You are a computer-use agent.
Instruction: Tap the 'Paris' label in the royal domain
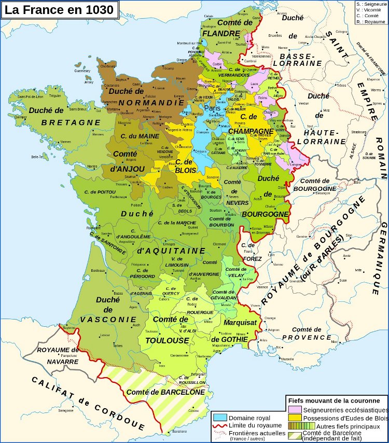[212, 108]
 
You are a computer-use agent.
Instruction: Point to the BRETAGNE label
[71, 122]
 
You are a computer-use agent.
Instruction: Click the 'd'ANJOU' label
[122, 168]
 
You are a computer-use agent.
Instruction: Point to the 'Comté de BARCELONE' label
[165, 392]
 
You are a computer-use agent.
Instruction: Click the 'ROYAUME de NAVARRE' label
[58, 355]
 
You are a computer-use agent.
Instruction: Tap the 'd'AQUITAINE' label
[164, 251]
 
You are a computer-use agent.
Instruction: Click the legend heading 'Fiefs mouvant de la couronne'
[337, 401]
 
